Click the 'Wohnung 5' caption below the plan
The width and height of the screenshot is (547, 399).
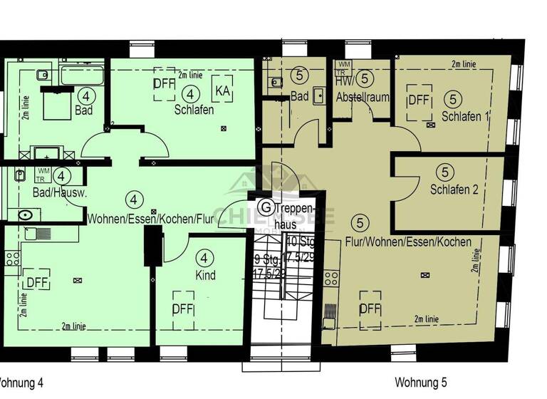tap(420, 383)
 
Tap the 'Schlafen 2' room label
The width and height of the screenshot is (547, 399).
tap(454, 190)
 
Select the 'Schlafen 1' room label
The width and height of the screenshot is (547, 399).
tap(465, 116)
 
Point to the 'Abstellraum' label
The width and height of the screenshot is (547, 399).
tap(363, 97)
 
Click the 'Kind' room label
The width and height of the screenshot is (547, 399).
tap(205, 275)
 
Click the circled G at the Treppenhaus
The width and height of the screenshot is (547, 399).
tap(266, 207)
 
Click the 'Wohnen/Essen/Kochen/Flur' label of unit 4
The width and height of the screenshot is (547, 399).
tap(152, 219)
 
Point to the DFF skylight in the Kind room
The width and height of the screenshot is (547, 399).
tap(184, 309)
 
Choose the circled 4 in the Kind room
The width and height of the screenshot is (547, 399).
tap(205, 257)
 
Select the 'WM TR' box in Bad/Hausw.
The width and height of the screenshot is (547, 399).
tap(43, 174)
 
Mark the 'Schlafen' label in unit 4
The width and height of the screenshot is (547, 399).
tap(194, 110)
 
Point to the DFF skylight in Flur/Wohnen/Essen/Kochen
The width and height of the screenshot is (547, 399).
tap(370, 309)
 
